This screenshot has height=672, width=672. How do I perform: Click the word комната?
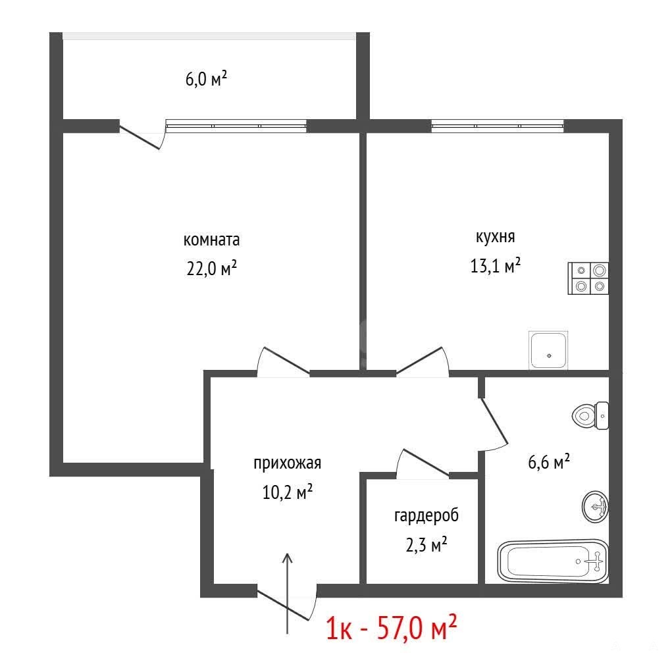(211, 240)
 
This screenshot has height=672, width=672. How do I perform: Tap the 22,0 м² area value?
(212, 269)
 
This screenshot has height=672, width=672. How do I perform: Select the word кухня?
(496, 237)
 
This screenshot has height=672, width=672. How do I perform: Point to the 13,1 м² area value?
(496, 265)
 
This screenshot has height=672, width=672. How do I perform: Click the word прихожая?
(287, 464)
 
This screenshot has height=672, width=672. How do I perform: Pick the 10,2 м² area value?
(287, 492)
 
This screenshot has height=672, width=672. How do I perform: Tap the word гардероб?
(426, 516)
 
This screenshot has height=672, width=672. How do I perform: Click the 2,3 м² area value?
(426, 545)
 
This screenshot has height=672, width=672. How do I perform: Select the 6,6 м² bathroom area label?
(549, 461)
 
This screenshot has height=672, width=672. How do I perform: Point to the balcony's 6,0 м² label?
(206, 79)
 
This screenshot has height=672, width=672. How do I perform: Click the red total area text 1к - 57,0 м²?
(391, 628)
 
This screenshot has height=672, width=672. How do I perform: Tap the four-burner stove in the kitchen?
(588, 278)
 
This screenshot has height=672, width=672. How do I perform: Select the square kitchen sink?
(548, 350)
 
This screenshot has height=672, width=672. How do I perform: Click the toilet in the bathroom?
(590, 416)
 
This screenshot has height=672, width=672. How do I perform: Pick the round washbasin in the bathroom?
(595, 507)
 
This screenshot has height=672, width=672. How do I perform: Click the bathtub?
(553, 561)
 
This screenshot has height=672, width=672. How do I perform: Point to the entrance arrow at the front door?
(287, 593)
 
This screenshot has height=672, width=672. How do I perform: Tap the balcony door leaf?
(140, 137)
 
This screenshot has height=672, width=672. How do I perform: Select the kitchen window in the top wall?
(497, 126)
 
